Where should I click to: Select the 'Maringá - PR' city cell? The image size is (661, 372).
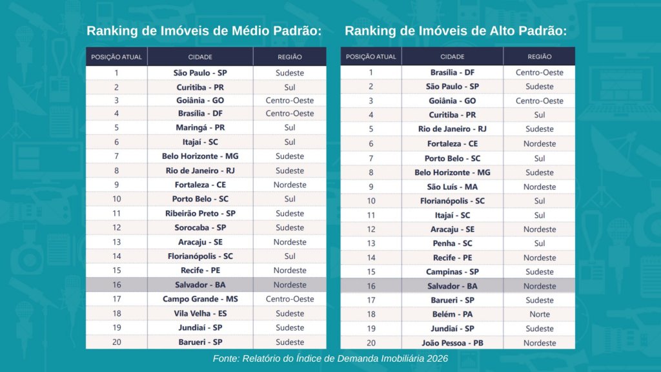(200, 127)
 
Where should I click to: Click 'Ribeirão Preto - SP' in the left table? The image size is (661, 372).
(200, 213)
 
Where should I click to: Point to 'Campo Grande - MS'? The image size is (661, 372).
(200, 299)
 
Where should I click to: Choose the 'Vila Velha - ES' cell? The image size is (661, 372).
(200, 313)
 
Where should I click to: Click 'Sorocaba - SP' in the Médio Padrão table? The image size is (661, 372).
(200, 228)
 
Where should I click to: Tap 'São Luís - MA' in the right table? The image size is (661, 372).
(453, 187)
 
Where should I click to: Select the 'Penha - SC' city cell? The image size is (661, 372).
(453, 243)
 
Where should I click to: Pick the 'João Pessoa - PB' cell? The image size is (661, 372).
(453, 343)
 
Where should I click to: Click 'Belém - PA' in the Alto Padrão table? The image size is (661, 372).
(453, 315)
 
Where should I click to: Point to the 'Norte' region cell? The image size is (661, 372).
(540, 315)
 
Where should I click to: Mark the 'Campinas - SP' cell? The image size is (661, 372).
(453, 272)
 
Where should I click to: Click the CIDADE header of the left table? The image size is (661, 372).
(200, 57)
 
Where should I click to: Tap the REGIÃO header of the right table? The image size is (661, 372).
(540, 57)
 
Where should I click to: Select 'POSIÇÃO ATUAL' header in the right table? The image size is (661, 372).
(371, 57)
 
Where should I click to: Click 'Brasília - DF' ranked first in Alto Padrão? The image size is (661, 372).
(453, 72)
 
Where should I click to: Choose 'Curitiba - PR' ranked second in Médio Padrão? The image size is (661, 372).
(200, 87)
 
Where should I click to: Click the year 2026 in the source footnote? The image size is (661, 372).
(437, 358)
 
